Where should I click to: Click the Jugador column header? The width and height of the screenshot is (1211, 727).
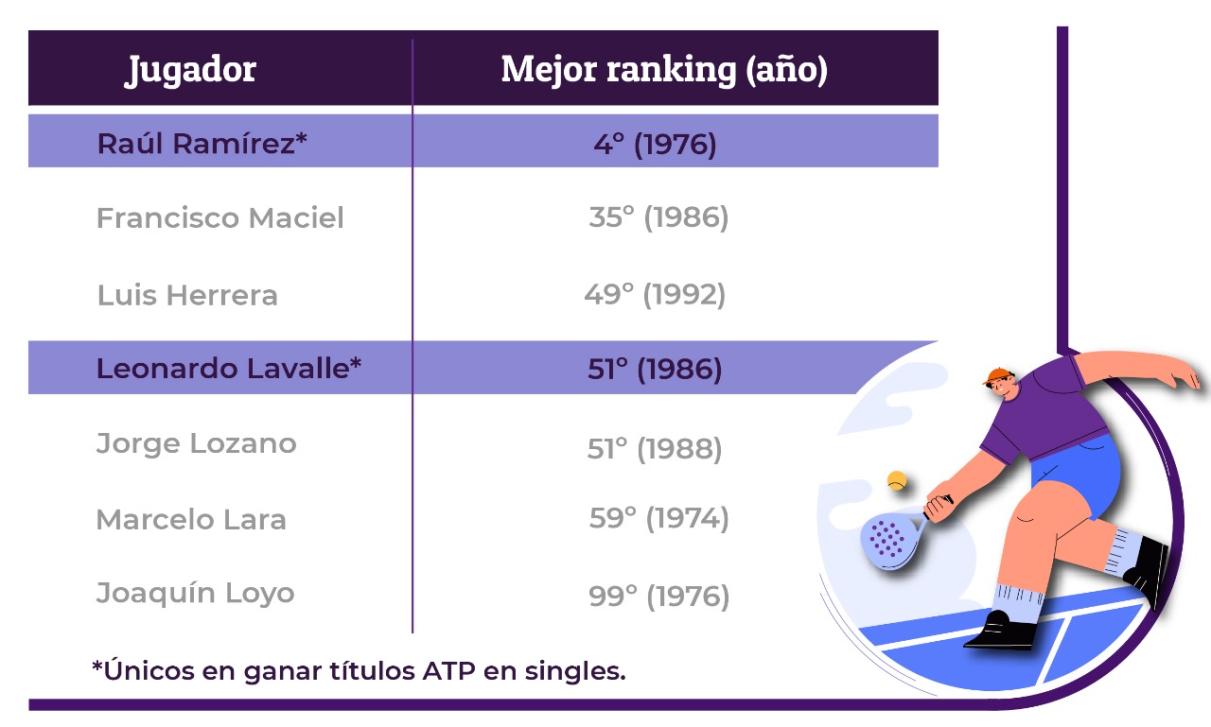pos(190,70)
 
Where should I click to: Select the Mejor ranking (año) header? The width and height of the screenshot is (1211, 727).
pos(664,69)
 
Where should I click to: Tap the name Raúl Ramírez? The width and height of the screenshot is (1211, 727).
pos(202,144)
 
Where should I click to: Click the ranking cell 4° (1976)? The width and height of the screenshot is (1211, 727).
pos(656,145)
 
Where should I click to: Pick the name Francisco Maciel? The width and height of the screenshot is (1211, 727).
pos(220,217)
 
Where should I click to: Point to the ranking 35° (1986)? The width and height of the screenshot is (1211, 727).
pos(658,217)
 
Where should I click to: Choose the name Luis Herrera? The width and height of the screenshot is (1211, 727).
pos(187,295)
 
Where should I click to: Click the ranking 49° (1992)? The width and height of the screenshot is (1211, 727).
pos(655,295)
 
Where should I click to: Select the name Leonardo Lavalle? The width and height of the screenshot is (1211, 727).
pos(229,369)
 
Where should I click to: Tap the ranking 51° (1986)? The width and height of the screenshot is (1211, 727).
pos(655,370)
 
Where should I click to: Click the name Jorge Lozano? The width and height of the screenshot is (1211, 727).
pos(196,444)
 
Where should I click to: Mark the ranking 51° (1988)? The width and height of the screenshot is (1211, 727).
pos(655,449)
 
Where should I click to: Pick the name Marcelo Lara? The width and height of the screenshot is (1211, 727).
pos(191,520)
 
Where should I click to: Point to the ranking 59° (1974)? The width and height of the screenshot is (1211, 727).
pos(659,518)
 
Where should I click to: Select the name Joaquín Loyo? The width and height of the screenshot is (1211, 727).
pos(195,593)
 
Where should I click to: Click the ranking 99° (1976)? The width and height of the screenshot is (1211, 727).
pos(659,597)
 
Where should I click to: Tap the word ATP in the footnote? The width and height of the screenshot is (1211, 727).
pos(449,671)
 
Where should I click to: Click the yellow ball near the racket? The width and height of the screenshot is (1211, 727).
pos(897,480)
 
